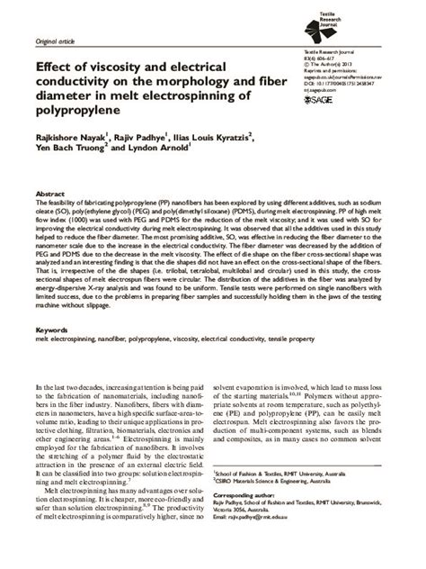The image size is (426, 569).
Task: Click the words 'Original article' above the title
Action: [x=55, y=41]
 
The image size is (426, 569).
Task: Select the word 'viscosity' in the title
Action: [x=120, y=67]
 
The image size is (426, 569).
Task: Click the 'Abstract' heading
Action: [x=49, y=194]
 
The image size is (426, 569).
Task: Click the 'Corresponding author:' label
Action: [x=249, y=520]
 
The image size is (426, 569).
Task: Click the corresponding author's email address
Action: [x=266, y=544]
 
